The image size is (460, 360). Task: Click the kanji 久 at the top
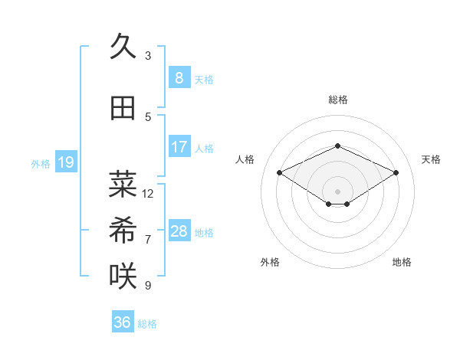(x=123, y=48)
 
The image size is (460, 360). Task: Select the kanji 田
(x=123, y=109)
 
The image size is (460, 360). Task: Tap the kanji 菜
(x=123, y=184)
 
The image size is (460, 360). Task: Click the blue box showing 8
(x=179, y=78)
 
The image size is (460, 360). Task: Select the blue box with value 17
(x=179, y=147)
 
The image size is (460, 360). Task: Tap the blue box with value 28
(x=179, y=231)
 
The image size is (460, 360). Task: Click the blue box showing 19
(x=65, y=162)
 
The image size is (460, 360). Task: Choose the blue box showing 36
(x=123, y=322)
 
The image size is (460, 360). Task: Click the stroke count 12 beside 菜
(x=148, y=193)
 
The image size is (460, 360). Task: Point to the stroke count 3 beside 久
(x=148, y=55)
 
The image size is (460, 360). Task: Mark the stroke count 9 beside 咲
(x=148, y=285)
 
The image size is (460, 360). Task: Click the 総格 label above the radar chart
(x=338, y=100)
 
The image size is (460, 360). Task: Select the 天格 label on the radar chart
(x=431, y=159)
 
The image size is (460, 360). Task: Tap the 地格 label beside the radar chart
(x=402, y=262)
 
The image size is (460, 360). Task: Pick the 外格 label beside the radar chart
(x=270, y=262)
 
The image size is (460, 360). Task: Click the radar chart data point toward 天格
(x=396, y=173)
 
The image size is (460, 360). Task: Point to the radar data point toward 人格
(x=280, y=173)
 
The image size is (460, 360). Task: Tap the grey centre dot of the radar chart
(x=337, y=191)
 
